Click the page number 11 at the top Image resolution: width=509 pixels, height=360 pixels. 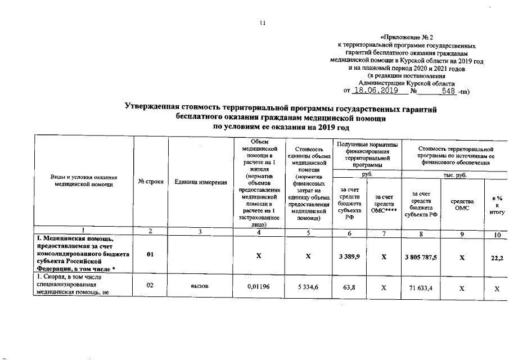(262, 23)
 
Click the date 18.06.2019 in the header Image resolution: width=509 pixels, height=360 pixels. (375, 91)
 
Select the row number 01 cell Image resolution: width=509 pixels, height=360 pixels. (150, 255)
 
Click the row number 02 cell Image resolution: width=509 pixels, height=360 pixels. (150, 285)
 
